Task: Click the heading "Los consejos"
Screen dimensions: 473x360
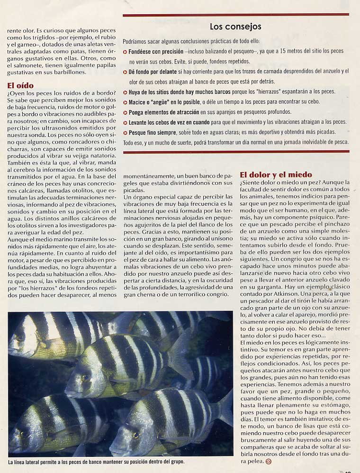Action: (x=235, y=27)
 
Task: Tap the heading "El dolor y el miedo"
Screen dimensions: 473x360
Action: (x=276, y=174)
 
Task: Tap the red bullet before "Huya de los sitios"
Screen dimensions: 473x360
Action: (x=125, y=92)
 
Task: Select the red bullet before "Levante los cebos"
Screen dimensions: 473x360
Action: (x=125, y=123)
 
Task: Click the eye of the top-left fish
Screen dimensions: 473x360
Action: (x=20, y=338)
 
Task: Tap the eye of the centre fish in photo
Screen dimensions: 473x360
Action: (x=86, y=378)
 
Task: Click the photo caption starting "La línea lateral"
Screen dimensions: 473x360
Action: (x=96, y=461)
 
